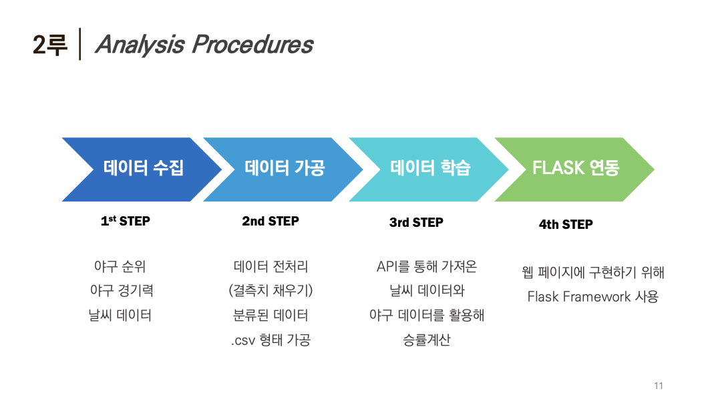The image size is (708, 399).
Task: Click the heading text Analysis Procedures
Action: pos(204,45)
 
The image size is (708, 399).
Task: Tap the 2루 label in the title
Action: pos(50,45)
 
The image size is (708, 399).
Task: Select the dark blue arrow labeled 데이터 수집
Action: pos(143,169)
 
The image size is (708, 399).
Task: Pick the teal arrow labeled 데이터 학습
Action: pos(429,169)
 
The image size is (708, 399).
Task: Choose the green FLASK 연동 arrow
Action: pos(575,169)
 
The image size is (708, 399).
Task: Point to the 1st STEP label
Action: pos(126,222)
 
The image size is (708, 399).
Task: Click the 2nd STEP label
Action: pos(271,222)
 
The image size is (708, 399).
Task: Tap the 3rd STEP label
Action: pos(416,222)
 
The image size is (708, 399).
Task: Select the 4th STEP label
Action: pos(566,225)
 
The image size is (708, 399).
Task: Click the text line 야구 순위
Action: pos(120,267)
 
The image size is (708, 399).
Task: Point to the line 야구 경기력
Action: pos(121,291)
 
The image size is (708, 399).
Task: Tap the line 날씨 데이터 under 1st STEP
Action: pos(120,315)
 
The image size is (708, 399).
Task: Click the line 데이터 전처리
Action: pos(271,267)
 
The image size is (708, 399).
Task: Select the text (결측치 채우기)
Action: pos(271,291)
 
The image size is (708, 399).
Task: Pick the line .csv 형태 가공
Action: pos(271,340)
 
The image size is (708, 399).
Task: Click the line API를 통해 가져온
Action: pos(427,267)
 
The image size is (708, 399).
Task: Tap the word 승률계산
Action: pos(427,340)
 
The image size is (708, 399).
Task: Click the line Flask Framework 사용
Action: pos(592,296)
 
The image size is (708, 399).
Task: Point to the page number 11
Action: pos(659,386)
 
